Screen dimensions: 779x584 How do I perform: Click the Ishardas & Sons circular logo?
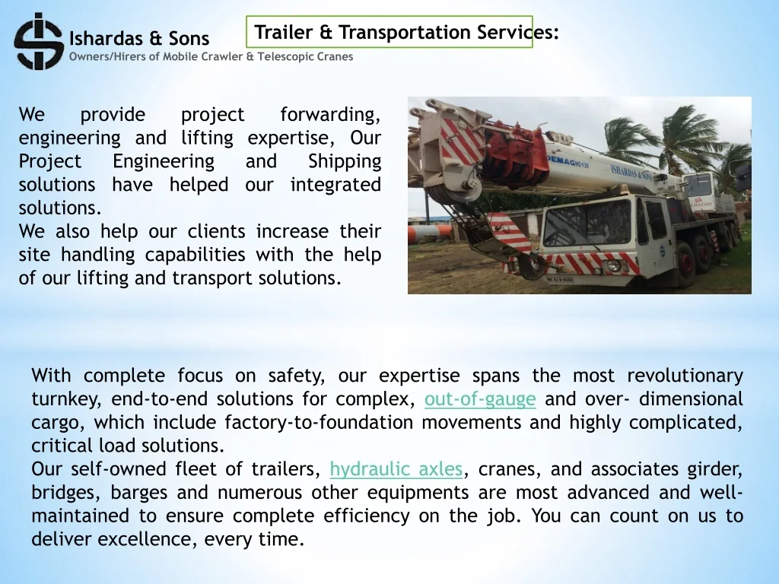pyautogui.click(x=39, y=41)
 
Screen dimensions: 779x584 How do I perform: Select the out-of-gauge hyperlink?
pyautogui.click(x=480, y=399)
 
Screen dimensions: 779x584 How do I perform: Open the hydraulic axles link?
pyautogui.click(x=396, y=469)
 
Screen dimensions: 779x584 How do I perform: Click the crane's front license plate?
pyautogui.click(x=560, y=280)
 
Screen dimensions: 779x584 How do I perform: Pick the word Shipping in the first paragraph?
pyautogui.click(x=345, y=162)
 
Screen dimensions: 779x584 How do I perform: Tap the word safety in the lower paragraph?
pyautogui.click(x=297, y=376)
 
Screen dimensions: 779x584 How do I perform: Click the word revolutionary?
pyautogui.click(x=685, y=376)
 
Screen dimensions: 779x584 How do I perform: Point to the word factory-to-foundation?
pyautogui.click(x=319, y=423)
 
